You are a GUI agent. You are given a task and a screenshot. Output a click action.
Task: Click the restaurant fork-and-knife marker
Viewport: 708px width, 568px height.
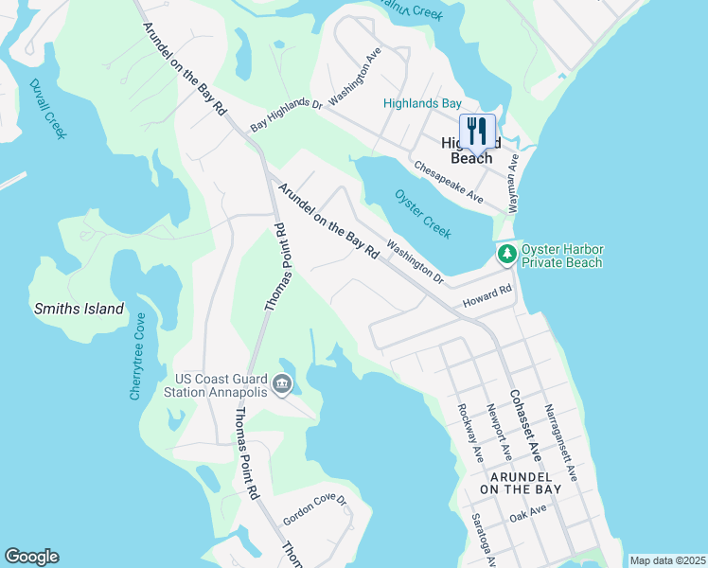click(477, 133)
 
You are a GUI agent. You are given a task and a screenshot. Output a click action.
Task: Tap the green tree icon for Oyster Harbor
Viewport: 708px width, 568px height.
click(507, 254)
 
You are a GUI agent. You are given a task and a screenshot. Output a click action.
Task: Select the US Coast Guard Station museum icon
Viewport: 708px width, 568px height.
click(281, 384)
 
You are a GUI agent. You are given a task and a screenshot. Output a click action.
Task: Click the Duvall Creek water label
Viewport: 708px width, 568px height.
click(47, 109)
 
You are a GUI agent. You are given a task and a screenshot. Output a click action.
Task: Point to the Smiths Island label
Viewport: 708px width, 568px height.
click(79, 309)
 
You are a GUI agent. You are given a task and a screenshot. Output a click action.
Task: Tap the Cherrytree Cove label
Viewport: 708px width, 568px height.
click(138, 356)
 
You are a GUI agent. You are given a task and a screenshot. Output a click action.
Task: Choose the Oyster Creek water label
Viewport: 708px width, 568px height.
click(421, 213)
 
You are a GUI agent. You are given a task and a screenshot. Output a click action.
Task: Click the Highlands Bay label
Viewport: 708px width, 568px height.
click(421, 103)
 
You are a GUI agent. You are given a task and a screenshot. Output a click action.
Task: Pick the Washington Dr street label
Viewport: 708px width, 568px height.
click(415, 263)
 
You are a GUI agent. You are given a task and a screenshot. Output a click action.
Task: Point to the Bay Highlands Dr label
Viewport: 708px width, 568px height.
click(286, 114)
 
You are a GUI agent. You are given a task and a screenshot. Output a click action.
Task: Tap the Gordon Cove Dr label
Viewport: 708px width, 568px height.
click(315, 509)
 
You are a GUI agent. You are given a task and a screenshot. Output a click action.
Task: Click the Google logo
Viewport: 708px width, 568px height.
click(31, 557)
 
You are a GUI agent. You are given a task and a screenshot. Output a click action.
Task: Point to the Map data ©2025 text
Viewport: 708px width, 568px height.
click(666, 560)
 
